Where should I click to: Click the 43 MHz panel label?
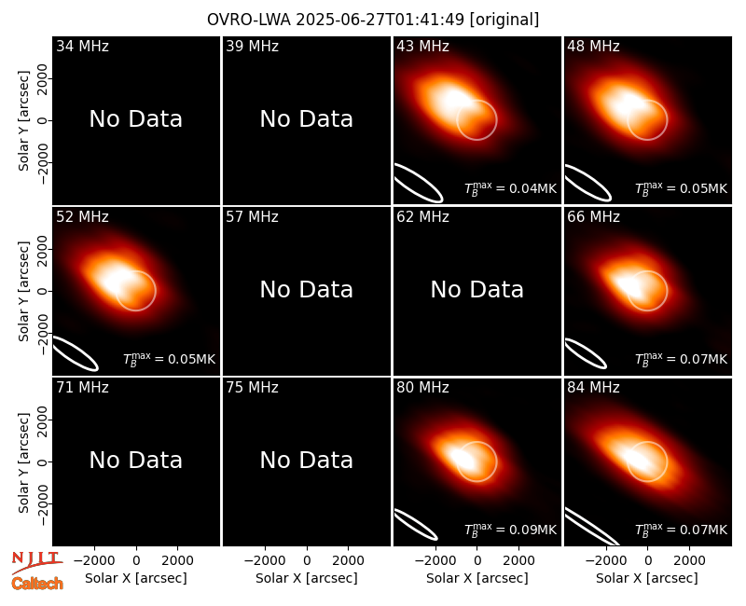(422, 46)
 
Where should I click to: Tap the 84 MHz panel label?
(593, 388)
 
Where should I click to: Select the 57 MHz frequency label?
(252, 217)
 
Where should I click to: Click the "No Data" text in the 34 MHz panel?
(136, 119)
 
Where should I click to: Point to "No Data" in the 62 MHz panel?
(477, 289)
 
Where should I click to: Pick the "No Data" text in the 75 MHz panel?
(307, 460)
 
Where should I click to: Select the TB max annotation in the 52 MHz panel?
(170, 359)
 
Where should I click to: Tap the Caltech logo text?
(37, 584)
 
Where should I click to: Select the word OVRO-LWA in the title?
(249, 20)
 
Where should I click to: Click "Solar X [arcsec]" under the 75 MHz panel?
(307, 578)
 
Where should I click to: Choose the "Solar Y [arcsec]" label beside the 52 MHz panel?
(23, 291)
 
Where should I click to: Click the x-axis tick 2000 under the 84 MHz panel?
(689, 560)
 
